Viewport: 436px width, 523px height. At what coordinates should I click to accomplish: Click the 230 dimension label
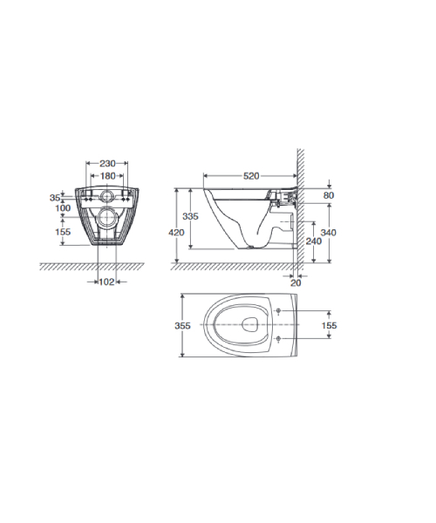(107, 164)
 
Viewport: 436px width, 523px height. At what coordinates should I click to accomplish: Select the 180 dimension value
(108, 176)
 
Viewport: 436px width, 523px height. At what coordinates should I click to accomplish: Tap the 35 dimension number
(55, 198)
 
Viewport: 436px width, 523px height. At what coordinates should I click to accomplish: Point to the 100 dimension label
(63, 208)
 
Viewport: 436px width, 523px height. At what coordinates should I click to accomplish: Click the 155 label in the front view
(63, 232)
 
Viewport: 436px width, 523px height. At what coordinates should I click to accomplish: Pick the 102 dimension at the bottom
(106, 282)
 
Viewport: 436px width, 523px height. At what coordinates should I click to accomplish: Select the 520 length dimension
(251, 176)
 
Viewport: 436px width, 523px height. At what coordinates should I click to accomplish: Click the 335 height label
(190, 216)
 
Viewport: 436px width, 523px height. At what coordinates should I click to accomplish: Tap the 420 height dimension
(176, 232)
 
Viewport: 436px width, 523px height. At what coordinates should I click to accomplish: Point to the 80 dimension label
(329, 195)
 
